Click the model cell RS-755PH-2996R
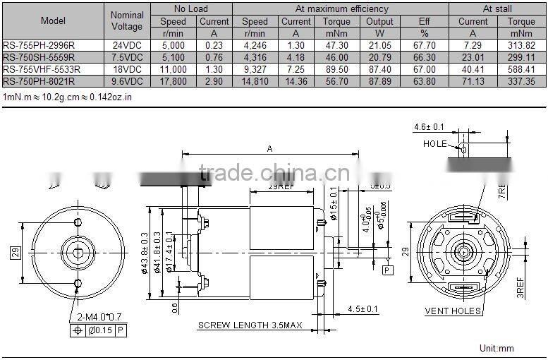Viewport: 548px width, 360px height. [42, 45]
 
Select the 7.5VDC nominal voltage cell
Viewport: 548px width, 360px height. [127, 57]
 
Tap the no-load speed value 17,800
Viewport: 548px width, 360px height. [173, 81]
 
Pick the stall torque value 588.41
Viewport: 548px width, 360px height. [521, 69]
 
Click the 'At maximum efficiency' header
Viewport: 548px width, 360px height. [341, 9]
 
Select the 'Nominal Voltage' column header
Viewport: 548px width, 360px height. [127, 20]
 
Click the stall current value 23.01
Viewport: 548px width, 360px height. [473, 57]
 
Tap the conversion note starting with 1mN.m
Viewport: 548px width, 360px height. [68, 97]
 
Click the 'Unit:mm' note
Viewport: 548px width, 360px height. [497, 348]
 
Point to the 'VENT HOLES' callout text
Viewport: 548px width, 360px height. [453, 311]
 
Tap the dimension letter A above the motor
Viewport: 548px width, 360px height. [270, 148]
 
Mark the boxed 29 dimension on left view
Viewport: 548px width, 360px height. [15, 252]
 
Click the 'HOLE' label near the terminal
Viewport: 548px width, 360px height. [434, 143]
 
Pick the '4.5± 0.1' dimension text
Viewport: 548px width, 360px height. [364, 308]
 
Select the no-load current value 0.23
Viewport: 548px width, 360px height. [214, 45]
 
